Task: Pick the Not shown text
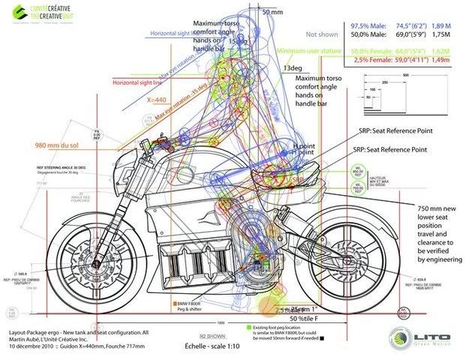pos(321,34)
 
